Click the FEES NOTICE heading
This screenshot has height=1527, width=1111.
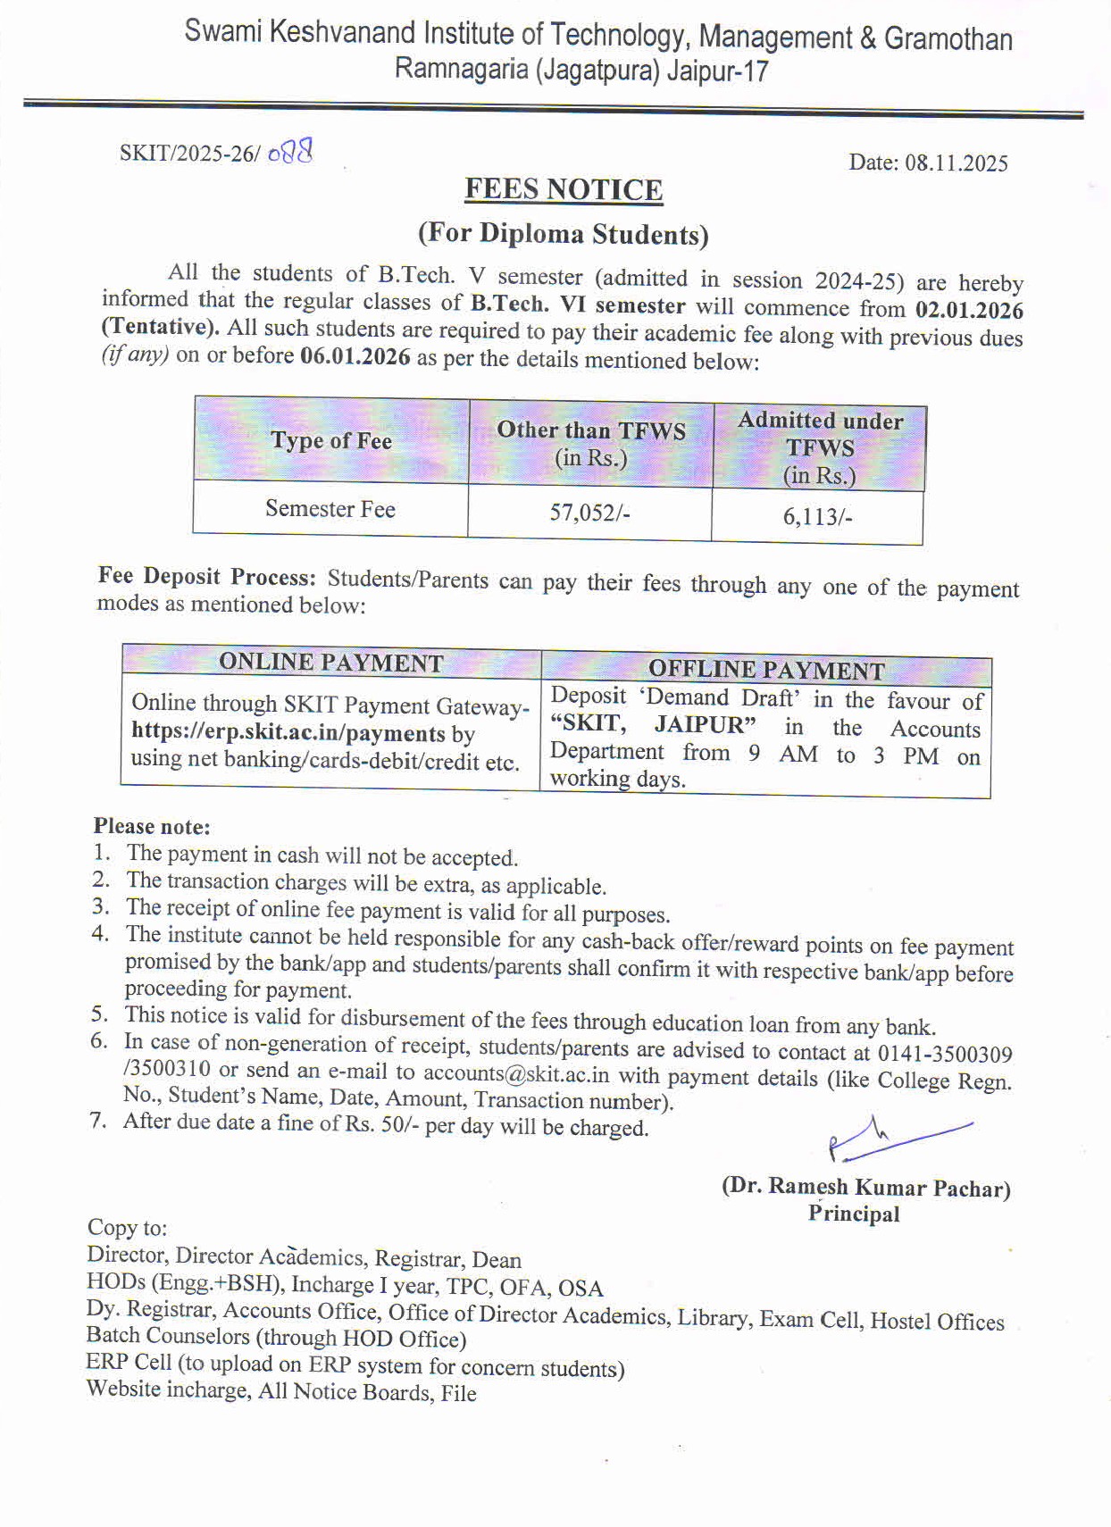point(564,190)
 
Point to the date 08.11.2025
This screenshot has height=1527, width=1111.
point(956,163)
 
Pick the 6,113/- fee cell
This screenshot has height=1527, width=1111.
point(817,517)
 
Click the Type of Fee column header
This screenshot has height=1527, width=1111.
point(331,440)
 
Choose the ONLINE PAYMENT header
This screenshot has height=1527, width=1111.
point(331,663)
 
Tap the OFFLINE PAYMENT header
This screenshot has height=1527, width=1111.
point(766,670)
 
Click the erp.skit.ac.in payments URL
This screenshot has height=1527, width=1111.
point(288,734)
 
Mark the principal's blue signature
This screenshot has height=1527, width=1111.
point(893,1139)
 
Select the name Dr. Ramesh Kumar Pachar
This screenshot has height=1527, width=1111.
point(865,1188)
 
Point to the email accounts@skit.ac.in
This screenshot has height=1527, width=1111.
point(516,1073)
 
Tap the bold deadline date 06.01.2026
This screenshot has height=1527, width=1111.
point(355,357)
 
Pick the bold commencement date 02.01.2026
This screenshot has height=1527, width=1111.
point(969,311)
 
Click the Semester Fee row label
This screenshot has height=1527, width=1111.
point(330,509)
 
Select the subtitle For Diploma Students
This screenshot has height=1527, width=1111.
point(564,234)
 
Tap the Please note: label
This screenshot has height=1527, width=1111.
point(152,826)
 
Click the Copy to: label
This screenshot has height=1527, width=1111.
point(127,1228)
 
